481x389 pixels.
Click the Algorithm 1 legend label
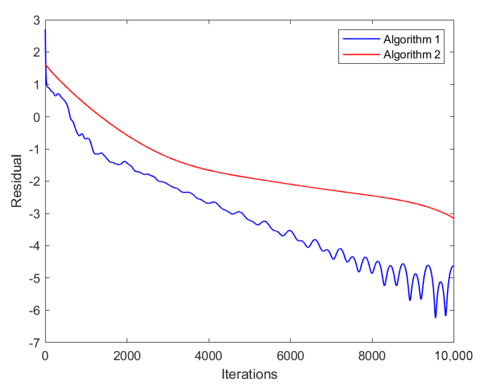[x=411, y=39]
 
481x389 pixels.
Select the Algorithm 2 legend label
[x=411, y=54]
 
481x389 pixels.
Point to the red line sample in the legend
[x=361, y=54]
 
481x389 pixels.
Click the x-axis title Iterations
[x=249, y=374]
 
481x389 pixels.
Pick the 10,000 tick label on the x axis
[x=454, y=356]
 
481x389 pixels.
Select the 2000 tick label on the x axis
[x=127, y=356]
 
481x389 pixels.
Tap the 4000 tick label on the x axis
[x=208, y=356]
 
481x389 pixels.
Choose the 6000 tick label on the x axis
[x=290, y=356]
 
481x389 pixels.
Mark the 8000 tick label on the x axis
[x=372, y=356]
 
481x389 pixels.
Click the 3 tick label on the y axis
[x=36, y=20]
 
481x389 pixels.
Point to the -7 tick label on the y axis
[x=34, y=343]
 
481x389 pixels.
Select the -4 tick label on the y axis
[x=34, y=246]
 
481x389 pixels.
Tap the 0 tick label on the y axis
[x=36, y=117]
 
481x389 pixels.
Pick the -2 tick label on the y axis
[x=34, y=182]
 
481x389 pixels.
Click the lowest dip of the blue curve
[x=435, y=317]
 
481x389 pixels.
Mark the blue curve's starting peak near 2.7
[x=45, y=30]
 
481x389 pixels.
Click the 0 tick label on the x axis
[x=45, y=356]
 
